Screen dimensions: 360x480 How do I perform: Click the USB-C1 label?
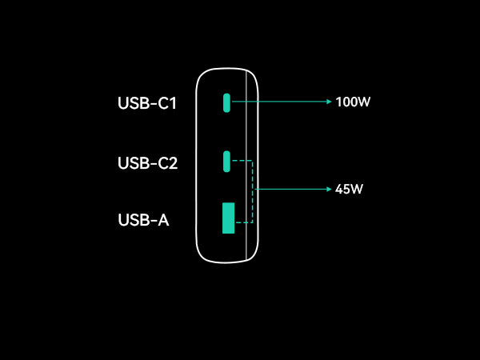[146, 103]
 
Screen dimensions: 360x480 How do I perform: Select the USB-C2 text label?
[147, 163]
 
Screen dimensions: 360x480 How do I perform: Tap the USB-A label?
[143, 220]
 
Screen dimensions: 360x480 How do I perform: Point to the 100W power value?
[353, 102]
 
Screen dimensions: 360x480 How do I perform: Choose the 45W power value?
[350, 190]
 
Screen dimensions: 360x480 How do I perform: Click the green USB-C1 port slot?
[227, 102]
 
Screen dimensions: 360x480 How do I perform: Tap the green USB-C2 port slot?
[227, 161]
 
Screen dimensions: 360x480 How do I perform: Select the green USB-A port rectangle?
[228, 218]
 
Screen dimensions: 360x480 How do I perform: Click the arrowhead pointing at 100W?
[328, 102]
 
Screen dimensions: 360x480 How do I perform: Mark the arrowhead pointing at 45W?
[328, 190]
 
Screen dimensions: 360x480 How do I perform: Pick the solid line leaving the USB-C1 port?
[280, 102]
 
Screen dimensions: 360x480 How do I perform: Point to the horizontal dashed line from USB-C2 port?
[242, 161]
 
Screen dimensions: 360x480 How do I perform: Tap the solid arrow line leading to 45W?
[292, 190]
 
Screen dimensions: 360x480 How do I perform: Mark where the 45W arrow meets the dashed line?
[253, 190]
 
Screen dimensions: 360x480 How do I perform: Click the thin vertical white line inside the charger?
[246, 240]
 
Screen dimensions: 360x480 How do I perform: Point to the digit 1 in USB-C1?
[173, 103]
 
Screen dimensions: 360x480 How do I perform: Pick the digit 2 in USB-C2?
[172, 163]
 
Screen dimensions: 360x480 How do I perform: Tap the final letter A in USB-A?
[162, 220]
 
